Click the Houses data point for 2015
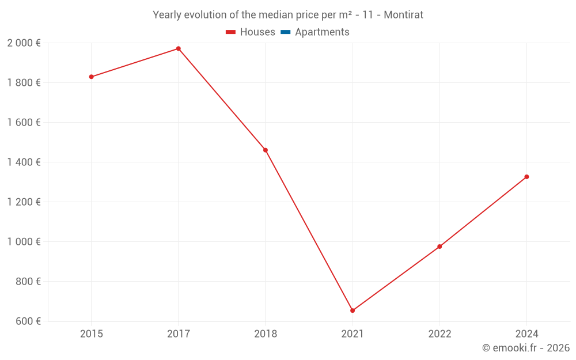point(91,77)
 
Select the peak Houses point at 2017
point(179,48)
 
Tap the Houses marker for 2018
point(266,150)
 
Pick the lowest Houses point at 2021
point(353,310)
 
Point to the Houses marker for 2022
point(439,247)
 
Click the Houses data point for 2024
point(526,177)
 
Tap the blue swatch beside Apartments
point(285,32)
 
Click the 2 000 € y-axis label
point(24,43)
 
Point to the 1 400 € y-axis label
point(24,162)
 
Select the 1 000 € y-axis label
point(24,242)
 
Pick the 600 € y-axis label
point(27,321)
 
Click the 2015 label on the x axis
point(91,334)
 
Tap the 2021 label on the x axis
point(353,334)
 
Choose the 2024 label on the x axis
point(526,334)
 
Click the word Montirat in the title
point(403,15)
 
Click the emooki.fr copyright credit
point(526,348)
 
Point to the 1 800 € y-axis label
point(24,83)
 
